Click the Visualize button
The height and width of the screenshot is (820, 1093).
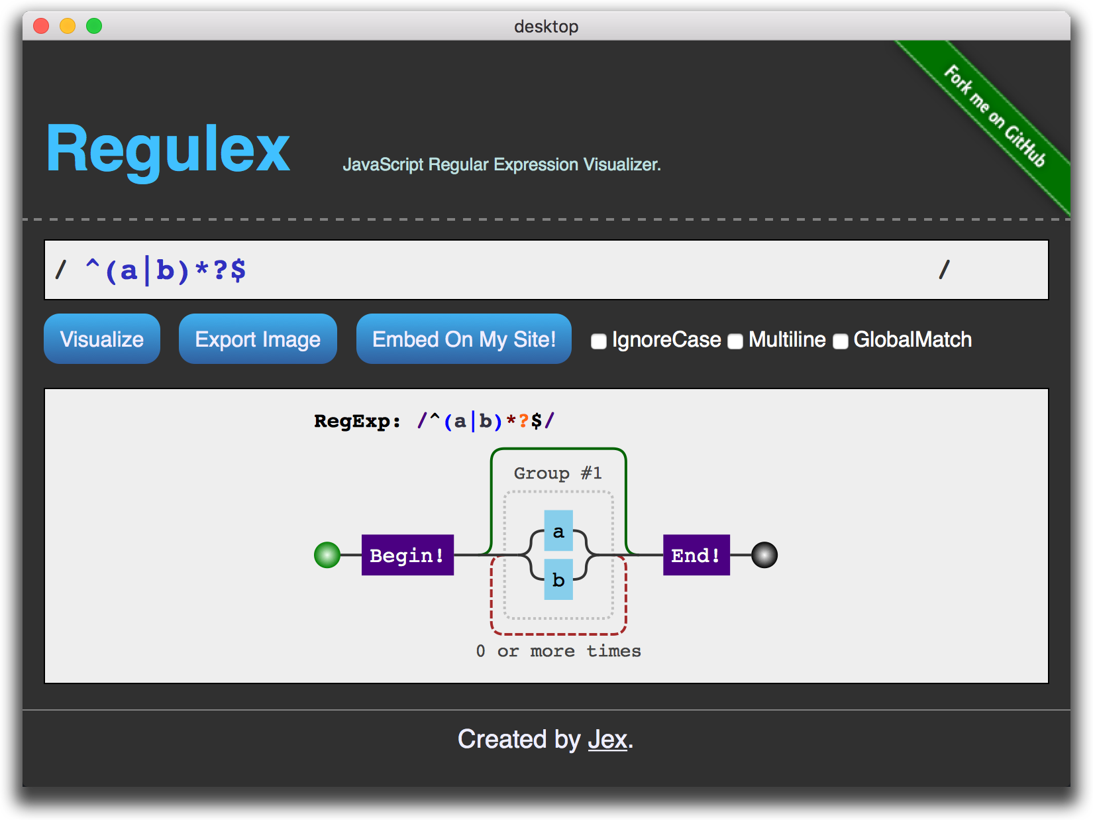102,339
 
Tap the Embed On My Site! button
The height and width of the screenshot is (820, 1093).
464,339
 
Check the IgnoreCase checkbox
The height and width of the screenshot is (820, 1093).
599,341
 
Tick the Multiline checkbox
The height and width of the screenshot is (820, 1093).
735,341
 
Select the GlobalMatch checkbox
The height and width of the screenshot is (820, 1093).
841,341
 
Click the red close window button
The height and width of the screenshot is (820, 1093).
41,26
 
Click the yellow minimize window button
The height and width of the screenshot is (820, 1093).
68,26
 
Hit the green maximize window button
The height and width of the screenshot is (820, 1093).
94,26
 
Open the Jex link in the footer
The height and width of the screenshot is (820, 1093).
607,739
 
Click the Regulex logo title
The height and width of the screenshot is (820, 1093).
168,150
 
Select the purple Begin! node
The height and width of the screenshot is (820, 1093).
407,555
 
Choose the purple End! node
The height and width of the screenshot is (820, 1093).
696,555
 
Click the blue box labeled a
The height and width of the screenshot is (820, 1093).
558,530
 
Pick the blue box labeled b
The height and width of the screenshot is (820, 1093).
558,579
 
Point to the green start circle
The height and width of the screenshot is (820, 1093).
327,555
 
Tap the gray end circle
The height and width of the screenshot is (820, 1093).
764,555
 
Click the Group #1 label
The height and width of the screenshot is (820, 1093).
558,473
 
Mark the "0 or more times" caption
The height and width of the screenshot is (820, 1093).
558,651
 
